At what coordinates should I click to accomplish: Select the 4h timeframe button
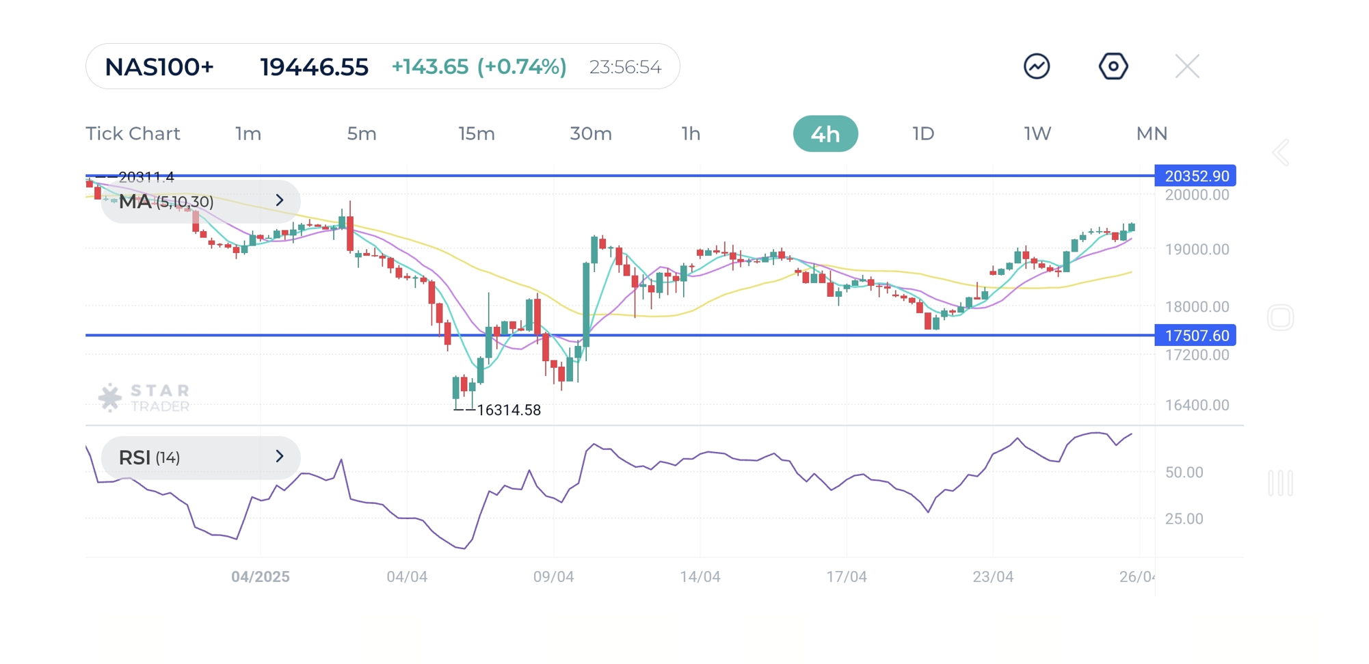pos(825,134)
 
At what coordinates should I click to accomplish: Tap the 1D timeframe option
pos(922,134)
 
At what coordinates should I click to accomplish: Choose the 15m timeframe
pos(476,134)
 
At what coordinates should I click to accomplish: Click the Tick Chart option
pos(133,134)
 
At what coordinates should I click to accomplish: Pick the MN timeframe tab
pos(1151,134)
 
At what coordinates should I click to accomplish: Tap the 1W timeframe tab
pos(1037,134)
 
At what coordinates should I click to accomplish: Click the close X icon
pos(1186,67)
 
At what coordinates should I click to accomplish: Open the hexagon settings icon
pos(1113,67)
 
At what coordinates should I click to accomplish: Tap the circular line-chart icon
pos(1036,67)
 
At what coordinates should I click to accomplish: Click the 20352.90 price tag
pos(1195,176)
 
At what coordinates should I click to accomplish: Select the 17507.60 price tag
pos(1195,336)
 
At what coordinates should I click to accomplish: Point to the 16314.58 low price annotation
pos(508,410)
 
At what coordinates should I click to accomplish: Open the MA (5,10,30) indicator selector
pos(200,201)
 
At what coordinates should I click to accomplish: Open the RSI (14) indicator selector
pos(200,457)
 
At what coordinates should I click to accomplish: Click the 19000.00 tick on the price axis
pos(1197,250)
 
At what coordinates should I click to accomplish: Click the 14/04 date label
pos(700,577)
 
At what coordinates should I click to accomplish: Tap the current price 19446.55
pos(314,67)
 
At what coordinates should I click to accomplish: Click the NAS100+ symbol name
pos(159,67)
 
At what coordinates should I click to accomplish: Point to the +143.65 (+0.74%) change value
pos(479,67)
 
